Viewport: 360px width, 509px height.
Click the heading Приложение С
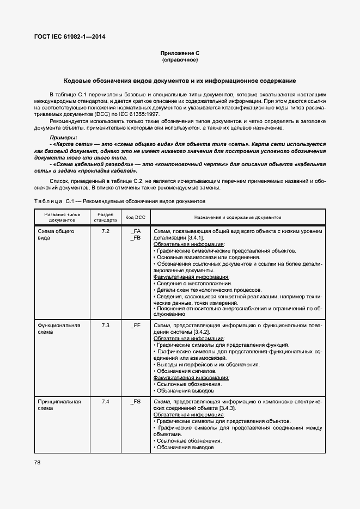(x=180, y=53)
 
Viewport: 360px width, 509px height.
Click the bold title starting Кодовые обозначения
(x=180, y=80)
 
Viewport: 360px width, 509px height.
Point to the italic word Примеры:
(x=64, y=138)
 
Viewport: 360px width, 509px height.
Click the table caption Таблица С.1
(x=53, y=201)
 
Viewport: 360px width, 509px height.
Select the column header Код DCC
(x=136, y=217)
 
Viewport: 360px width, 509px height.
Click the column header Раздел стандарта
(x=105, y=217)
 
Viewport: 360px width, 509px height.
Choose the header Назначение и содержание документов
(x=237, y=217)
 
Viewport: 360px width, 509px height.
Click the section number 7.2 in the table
(x=105, y=231)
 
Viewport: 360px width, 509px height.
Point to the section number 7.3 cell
(x=105, y=326)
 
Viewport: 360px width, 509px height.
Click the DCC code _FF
(x=136, y=326)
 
